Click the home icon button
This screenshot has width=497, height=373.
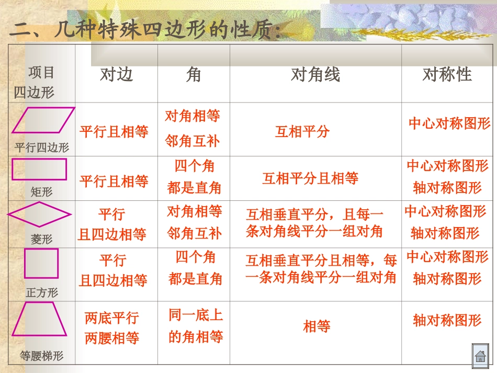480,357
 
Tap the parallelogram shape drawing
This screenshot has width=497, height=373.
43,120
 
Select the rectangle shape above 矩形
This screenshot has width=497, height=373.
39,169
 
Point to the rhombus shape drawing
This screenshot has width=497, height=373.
39,214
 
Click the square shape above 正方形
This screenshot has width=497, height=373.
41,263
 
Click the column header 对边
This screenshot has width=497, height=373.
116,75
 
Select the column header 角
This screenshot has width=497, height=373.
193,75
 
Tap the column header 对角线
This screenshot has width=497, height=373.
315,75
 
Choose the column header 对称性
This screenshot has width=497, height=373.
447,74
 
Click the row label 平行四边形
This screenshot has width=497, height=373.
42,148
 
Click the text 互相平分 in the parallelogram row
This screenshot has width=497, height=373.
302,131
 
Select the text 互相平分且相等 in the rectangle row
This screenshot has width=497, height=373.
310,179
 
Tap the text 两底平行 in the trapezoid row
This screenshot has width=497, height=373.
111,318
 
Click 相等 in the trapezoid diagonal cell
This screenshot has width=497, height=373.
317,327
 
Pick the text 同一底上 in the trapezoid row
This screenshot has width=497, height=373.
196,315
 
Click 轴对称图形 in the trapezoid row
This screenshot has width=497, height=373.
447,320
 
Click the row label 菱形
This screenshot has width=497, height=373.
42,239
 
